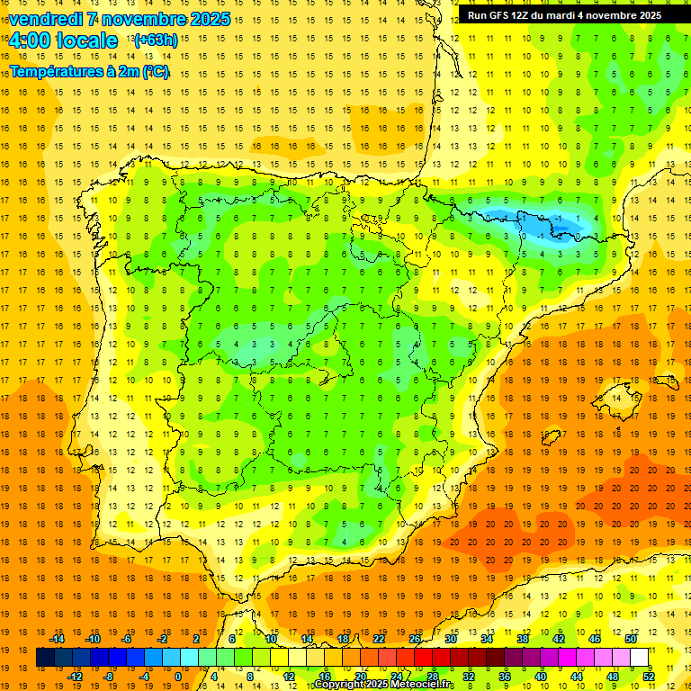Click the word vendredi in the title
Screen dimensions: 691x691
pyautogui.click(x=45, y=19)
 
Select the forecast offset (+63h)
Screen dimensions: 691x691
pyautogui.click(x=155, y=40)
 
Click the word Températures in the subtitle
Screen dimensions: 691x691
pyautogui.click(x=55, y=71)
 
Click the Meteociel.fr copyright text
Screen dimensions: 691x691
pyautogui.click(x=383, y=685)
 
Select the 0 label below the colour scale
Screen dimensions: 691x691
pyautogui.click(x=178, y=677)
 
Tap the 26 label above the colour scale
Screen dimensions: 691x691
pyautogui.click(x=415, y=639)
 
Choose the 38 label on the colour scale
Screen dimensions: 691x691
pyautogui.click(x=523, y=639)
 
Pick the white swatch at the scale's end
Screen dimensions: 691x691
pyautogui.click(x=639, y=658)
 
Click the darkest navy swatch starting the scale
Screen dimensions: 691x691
pyautogui.click(x=45, y=658)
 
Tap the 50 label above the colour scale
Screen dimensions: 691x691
pyautogui.click(x=630, y=639)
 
